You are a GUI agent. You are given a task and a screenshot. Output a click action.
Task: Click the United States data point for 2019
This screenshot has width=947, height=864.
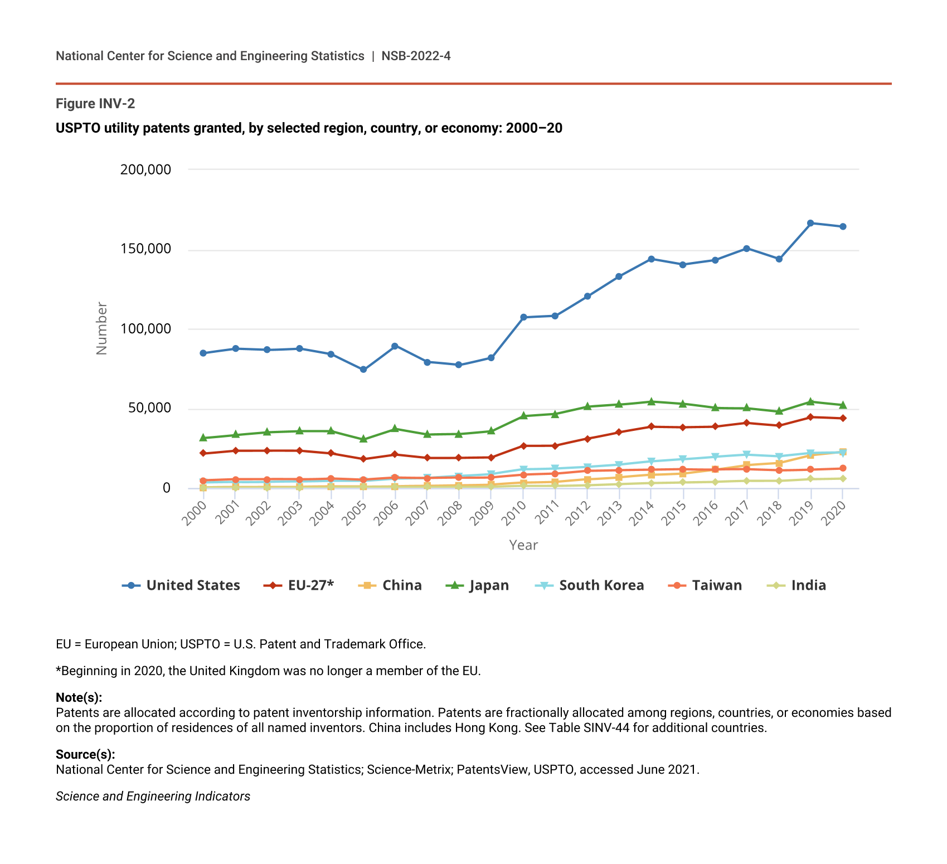click(810, 223)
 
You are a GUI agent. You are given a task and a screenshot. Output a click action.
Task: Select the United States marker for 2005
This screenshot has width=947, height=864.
click(363, 370)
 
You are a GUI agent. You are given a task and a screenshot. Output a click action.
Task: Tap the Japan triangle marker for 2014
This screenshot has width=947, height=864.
click(651, 401)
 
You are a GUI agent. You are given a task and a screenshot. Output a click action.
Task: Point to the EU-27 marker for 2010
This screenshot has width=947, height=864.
click(523, 446)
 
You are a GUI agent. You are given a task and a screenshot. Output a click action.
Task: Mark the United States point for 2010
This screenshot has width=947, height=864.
click(523, 317)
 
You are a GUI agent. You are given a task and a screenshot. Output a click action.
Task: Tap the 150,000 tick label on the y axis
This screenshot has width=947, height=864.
click(145, 249)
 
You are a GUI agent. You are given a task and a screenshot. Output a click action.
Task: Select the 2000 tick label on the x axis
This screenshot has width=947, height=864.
click(195, 513)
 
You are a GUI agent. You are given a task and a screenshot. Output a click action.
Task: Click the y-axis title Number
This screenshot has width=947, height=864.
click(101, 328)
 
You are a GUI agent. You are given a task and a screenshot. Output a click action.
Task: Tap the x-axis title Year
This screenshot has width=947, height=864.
click(523, 545)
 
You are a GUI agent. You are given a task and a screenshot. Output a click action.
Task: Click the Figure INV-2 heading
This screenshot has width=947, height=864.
click(95, 104)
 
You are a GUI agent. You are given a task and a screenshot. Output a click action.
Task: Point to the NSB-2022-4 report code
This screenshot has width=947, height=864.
click(416, 56)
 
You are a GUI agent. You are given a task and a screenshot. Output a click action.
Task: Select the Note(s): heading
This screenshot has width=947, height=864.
click(79, 697)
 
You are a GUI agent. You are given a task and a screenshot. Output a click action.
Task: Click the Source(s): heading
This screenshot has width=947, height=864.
click(85, 754)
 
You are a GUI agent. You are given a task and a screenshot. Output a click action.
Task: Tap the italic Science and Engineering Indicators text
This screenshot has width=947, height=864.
click(153, 796)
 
